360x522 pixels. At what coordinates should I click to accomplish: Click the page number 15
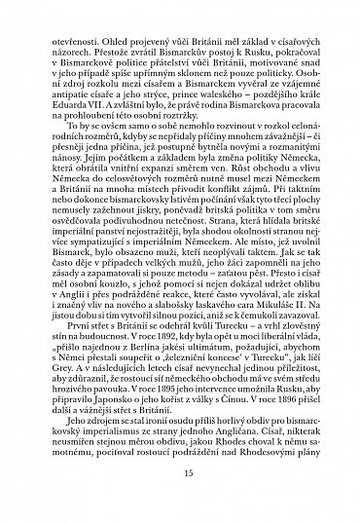pos(180,501)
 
